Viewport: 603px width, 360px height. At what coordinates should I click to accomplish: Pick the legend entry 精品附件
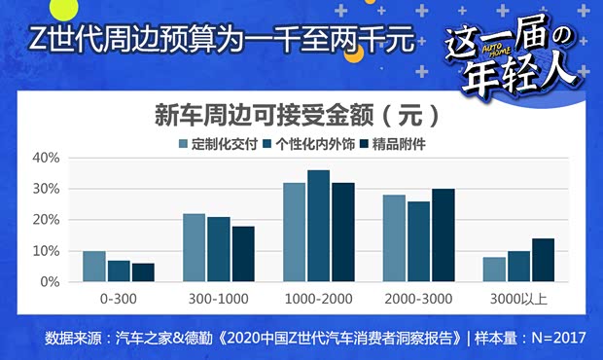pos(399,144)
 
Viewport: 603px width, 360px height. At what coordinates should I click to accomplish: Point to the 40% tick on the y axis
pos(47,158)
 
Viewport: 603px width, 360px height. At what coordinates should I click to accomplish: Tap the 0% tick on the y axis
pos(51,282)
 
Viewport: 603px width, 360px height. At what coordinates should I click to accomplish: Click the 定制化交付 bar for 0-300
pos(94,267)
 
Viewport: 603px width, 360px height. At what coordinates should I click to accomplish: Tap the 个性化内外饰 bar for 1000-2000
pos(319,226)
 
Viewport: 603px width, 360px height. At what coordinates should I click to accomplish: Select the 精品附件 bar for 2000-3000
pos(443,235)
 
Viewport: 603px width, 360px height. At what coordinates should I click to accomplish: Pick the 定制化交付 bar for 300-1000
pos(195,248)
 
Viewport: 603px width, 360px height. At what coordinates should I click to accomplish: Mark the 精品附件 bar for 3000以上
pos(543,260)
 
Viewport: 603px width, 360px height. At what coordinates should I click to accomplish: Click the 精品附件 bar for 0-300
pos(143,272)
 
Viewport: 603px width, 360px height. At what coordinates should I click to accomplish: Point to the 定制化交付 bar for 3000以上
pos(494,270)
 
